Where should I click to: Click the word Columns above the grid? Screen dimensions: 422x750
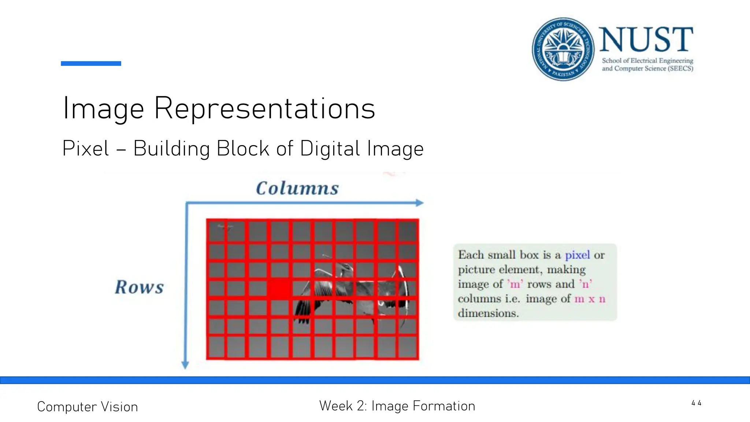tap(297, 188)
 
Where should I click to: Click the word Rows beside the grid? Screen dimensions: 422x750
tap(140, 287)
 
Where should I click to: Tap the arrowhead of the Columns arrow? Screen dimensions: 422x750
tap(420, 203)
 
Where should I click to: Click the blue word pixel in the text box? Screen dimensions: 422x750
tap(577, 255)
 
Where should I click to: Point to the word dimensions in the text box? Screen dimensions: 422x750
tap(488, 313)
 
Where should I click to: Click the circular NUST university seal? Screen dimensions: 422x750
tap(563, 49)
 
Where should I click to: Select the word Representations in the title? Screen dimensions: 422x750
tap(265, 108)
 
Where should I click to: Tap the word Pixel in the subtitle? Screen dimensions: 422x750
tap(86, 149)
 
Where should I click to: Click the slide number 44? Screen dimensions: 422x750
tap(696, 403)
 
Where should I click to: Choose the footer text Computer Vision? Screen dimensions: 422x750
tap(88, 407)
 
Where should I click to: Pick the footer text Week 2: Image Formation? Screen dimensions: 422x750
tap(397, 406)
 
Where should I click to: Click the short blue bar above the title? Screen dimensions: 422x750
tap(91, 63)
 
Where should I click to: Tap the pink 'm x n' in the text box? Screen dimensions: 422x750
tap(590, 299)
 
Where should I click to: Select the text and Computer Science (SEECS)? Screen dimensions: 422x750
tap(647, 69)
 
